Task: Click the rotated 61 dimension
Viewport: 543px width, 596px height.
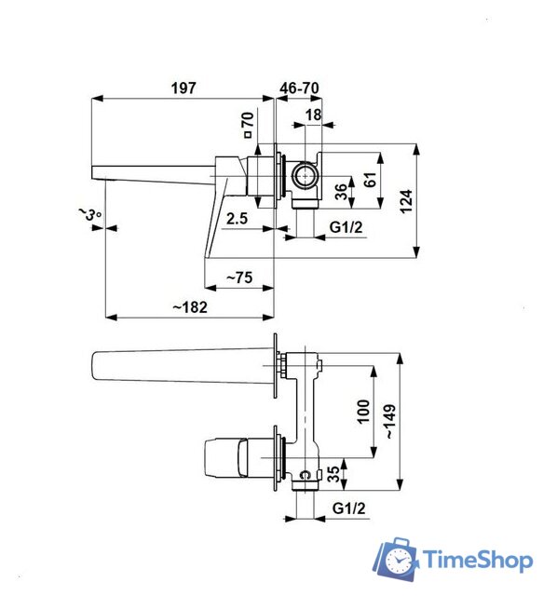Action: coord(371,179)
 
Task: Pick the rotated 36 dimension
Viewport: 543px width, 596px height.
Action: coord(341,192)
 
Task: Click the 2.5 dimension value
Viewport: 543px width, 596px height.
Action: coord(236,219)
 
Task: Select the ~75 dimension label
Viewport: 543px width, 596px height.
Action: coord(239,277)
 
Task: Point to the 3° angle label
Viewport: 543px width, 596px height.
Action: coord(89,215)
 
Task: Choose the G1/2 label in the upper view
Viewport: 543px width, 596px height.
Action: coord(346,227)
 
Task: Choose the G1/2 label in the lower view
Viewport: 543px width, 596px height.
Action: coord(347,508)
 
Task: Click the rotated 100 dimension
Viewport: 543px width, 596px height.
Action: coord(364,411)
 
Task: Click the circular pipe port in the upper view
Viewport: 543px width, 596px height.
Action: coord(302,174)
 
